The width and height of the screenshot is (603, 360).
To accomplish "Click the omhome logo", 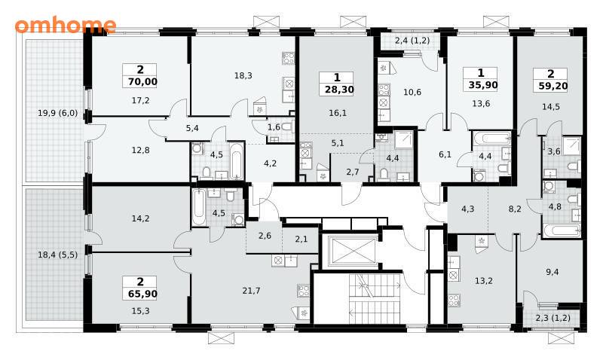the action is [x=66, y=25].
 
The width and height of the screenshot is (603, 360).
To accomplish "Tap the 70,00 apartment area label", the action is [x=140, y=81].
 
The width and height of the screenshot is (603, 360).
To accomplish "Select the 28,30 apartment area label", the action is [x=337, y=90].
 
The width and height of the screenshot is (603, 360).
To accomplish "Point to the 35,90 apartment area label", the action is [x=481, y=84].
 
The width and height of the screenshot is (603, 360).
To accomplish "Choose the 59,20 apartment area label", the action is [x=551, y=85].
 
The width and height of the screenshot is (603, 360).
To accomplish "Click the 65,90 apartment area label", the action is [x=140, y=294].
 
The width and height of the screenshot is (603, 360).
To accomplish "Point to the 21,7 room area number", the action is [x=251, y=291].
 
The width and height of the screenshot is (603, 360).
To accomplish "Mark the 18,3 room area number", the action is [x=243, y=75].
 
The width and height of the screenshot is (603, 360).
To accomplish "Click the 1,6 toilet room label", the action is [x=274, y=127].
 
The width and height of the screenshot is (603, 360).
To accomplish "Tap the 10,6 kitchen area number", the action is [x=412, y=92].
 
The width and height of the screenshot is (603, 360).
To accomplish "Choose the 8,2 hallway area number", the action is [x=515, y=209].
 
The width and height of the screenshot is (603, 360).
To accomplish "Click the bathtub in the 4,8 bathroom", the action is [x=562, y=231].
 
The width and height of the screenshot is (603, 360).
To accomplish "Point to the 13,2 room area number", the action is [x=483, y=281].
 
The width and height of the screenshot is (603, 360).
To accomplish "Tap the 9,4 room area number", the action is [x=552, y=272].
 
